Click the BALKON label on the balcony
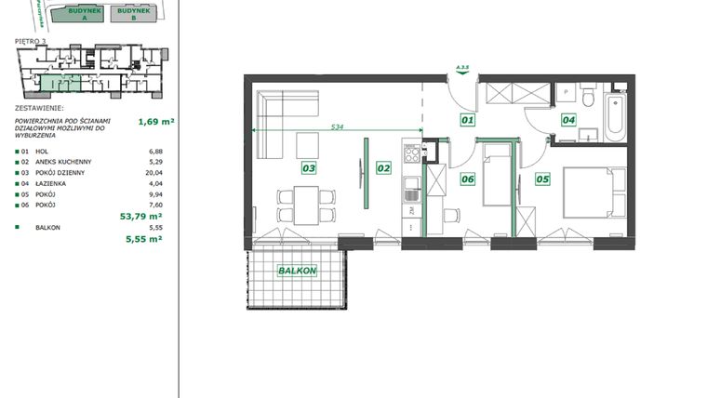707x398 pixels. [x=297, y=271]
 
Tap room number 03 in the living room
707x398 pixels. [x=308, y=168]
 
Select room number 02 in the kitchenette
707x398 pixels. [x=382, y=168]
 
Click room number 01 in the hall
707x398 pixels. [x=468, y=119]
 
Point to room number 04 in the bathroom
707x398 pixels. [x=568, y=119]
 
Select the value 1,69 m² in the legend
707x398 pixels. [x=156, y=120]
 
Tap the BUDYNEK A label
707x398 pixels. [x=75, y=13]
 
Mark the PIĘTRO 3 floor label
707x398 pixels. [x=31, y=42]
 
